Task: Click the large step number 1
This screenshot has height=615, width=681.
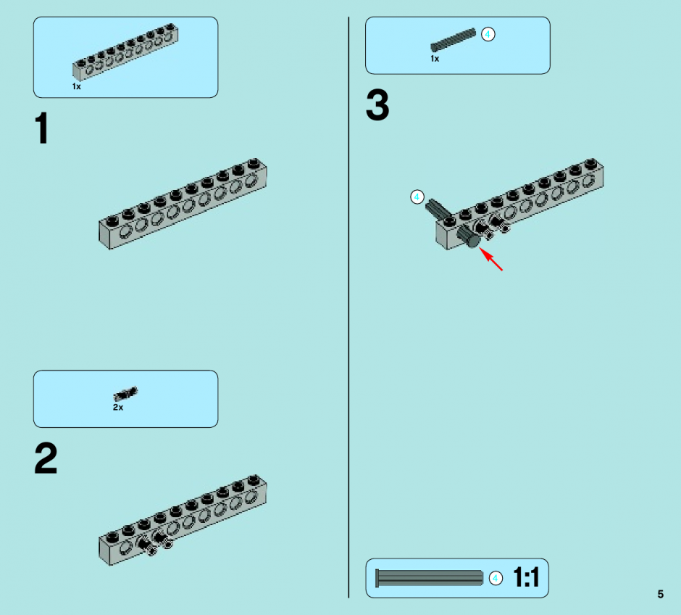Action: [42, 128]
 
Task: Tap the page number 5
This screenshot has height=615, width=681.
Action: [660, 594]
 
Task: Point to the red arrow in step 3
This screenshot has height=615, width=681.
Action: [490, 259]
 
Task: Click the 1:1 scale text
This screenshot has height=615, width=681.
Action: [526, 577]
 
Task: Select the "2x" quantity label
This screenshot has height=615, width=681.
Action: [117, 408]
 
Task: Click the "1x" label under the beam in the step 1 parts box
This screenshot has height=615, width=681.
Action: [77, 86]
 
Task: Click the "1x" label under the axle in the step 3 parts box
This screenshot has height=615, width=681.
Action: [435, 59]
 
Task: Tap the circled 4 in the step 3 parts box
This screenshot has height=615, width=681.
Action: [488, 34]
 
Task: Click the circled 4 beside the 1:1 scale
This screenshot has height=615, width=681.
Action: [496, 579]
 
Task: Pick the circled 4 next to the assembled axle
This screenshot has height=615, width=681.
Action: [417, 197]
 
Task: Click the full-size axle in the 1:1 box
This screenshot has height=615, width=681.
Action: [429, 578]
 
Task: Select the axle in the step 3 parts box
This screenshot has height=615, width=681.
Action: [453, 40]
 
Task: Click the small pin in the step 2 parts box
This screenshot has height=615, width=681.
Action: [125, 394]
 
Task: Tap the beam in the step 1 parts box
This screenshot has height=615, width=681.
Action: [125, 52]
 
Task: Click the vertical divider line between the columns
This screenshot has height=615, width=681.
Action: [348, 307]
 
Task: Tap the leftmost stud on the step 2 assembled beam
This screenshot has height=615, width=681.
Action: [112, 537]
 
